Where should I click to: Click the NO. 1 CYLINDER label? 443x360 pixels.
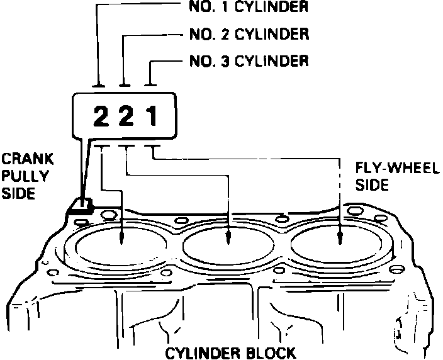point(248,8)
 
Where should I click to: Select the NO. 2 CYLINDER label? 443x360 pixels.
point(248,34)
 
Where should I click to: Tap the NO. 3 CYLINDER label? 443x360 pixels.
point(248,61)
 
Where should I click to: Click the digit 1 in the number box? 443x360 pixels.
point(152,116)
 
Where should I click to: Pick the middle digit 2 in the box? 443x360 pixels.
point(126,116)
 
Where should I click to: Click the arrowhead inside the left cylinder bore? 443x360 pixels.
point(121,238)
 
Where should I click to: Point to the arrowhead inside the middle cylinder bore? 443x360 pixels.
point(228,238)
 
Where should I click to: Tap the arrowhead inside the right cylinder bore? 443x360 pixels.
point(340,238)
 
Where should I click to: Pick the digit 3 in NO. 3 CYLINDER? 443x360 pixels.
point(226,61)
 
